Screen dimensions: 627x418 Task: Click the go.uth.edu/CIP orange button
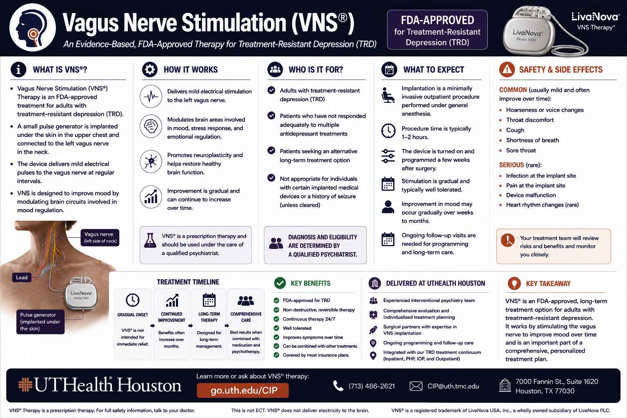[243, 390]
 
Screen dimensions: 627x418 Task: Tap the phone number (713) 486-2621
[371, 386]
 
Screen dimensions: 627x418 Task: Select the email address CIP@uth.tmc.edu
[453, 386]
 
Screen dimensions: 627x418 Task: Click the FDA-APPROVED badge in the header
[437, 30]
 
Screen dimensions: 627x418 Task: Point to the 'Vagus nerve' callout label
[100, 238]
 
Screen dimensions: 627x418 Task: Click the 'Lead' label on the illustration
[22, 278]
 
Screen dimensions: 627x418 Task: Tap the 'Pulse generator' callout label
[40, 322]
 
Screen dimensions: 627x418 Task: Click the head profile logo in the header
[33, 27]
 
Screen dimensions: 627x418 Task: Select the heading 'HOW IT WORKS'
[191, 70]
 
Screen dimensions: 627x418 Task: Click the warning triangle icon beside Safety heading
[507, 69]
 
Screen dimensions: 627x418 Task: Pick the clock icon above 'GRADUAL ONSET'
[133, 300]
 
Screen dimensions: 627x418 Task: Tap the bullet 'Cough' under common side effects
[515, 130]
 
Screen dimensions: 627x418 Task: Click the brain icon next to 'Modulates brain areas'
[151, 126]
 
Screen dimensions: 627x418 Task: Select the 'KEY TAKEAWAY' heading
[548, 284]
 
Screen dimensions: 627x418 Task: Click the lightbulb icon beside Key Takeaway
[514, 283]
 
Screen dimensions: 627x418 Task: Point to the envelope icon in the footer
[416, 386]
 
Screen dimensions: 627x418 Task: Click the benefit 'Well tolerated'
[297, 328]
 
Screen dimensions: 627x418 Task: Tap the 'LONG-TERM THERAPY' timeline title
[209, 317]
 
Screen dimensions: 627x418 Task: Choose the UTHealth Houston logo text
[108, 385]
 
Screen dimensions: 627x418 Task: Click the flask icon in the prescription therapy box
[150, 240]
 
